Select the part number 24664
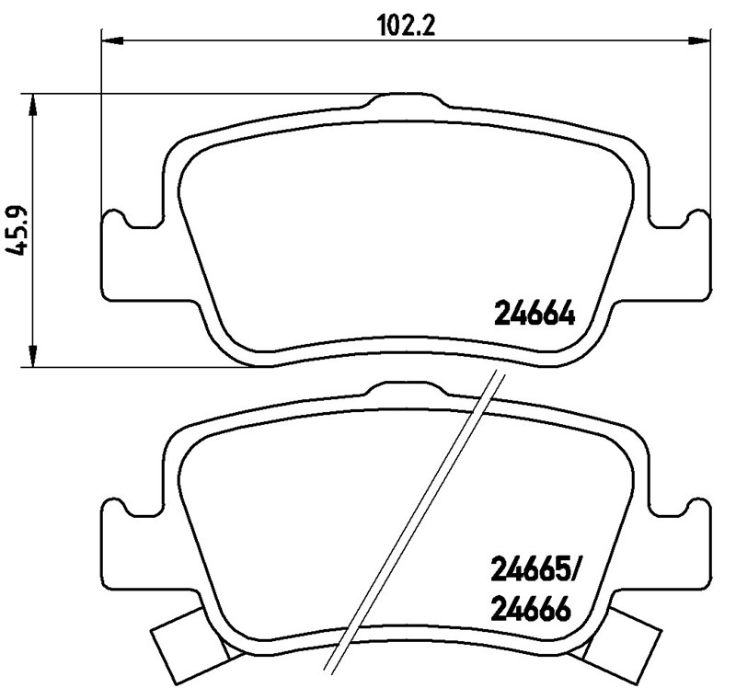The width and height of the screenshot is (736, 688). coord(535,315)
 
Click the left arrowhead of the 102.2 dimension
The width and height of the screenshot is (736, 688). coord(109,40)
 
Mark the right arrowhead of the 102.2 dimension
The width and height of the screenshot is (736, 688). coord(701,40)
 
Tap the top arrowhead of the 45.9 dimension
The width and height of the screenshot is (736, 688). coord(34,103)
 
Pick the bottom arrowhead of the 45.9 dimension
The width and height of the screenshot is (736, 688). coord(34,357)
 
